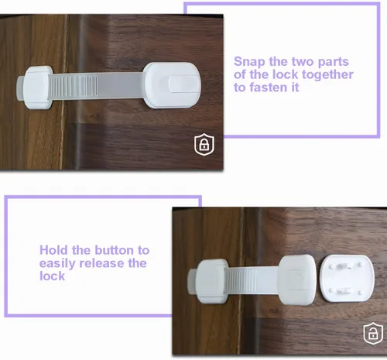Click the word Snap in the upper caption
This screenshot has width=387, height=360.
coord(249,62)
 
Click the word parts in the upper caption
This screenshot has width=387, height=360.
coord(333,63)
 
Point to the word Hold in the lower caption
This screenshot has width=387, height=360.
coord(54,250)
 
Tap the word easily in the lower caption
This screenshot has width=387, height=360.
coord(58,264)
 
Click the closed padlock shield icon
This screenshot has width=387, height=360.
coord(204,145)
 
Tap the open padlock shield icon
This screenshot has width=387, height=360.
coord(373,334)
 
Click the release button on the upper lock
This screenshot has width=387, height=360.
coord(183,84)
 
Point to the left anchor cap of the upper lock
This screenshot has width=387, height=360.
coord(38,87)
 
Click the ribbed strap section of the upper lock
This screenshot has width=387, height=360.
coord(74,87)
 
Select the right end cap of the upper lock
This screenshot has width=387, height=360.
coord(172,85)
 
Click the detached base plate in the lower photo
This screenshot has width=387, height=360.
coord(347,278)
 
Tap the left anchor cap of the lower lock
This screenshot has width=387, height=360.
coord(211,281)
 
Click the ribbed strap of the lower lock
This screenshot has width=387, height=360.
coord(241,281)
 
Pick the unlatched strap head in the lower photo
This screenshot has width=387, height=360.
coord(296,279)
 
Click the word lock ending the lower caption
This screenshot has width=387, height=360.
coord(52,276)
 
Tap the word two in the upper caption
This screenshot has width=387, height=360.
coord(303,62)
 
